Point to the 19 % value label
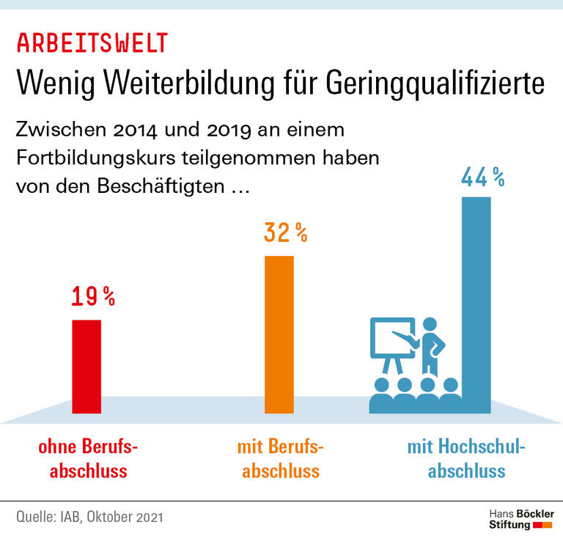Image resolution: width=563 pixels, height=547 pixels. [x=93, y=296]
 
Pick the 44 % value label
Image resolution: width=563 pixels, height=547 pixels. [x=482, y=177]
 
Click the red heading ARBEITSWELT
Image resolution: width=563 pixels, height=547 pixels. [x=92, y=43]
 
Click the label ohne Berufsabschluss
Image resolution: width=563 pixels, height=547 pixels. [x=88, y=459]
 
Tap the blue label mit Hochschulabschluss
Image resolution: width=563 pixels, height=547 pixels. [x=467, y=459]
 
